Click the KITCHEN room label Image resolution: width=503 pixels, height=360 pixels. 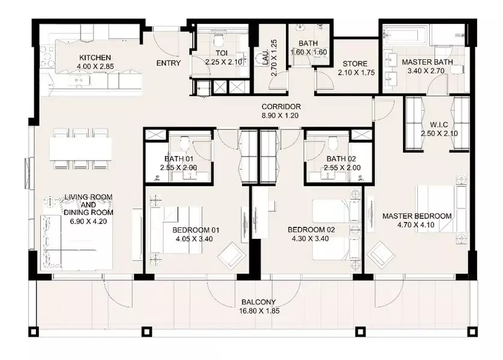95,58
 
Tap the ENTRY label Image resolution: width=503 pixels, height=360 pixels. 168,63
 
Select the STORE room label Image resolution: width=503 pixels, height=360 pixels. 355,64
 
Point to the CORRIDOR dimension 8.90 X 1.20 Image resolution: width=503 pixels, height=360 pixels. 281,116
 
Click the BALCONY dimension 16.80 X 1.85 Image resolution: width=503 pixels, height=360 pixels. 259,311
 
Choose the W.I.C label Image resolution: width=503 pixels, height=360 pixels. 439,125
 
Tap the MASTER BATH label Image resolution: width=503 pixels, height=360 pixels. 427,62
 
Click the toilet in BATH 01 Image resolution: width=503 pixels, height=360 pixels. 185,143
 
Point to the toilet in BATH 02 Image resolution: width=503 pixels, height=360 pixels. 333,143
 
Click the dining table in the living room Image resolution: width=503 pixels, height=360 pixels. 80,149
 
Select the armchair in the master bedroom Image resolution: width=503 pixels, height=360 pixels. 381,253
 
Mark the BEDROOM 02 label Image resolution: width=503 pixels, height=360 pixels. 311,230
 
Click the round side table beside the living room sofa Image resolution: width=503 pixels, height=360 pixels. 50,202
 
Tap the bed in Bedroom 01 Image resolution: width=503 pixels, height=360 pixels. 182,230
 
